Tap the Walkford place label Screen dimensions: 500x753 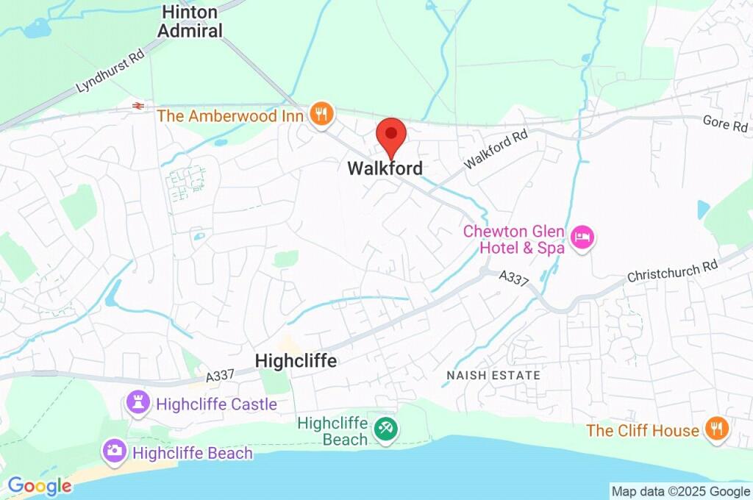385,168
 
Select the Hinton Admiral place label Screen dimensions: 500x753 191,22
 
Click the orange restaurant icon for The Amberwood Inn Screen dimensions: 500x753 321,115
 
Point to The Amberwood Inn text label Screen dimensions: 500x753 230,115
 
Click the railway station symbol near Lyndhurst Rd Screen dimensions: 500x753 138,107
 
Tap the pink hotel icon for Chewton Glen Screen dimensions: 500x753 583,238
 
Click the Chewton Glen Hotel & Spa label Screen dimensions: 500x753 514,240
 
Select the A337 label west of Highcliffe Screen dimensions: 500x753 220,376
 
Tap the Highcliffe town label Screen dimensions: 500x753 296,361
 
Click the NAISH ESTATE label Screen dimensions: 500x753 493,376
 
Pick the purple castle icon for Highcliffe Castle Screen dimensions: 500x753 137,402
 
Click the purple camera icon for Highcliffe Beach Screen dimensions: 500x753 114,451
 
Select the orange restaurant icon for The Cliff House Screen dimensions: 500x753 715,429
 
